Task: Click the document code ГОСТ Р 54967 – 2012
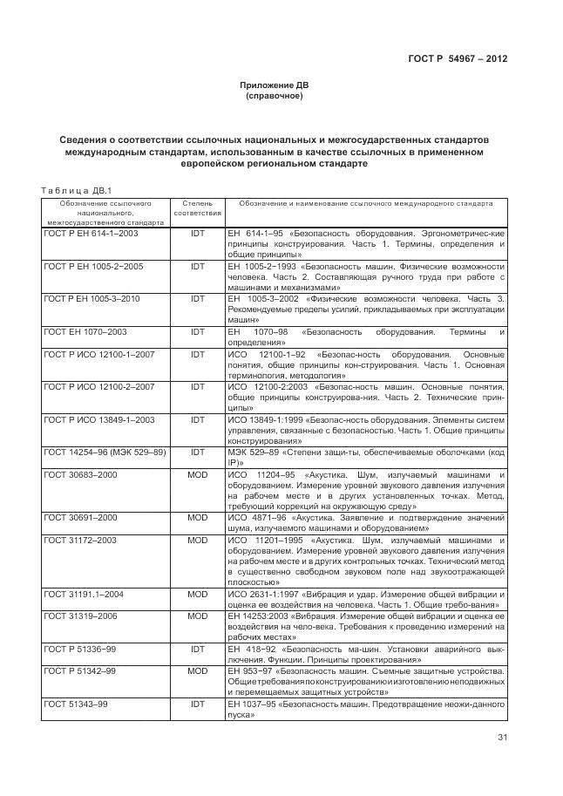[x=458, y=59]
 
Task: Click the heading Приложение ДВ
[x=275, y=85]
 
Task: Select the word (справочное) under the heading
[x=275, y=96]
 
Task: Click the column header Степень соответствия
[x=198, y=208]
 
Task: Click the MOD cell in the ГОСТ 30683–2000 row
[x=198, y=474]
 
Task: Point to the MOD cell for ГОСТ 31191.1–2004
[x=198, y=595]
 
